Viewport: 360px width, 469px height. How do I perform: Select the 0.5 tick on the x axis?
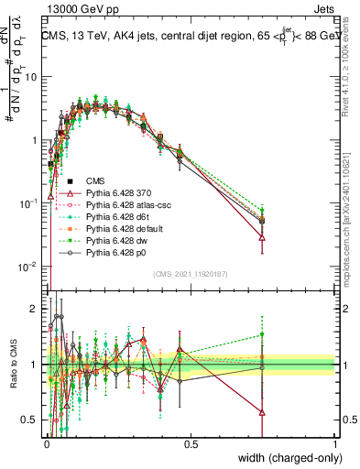[190, 444]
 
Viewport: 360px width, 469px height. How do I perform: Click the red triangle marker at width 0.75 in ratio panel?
[263, 411]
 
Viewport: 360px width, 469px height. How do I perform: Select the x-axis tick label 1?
[335, 444]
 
